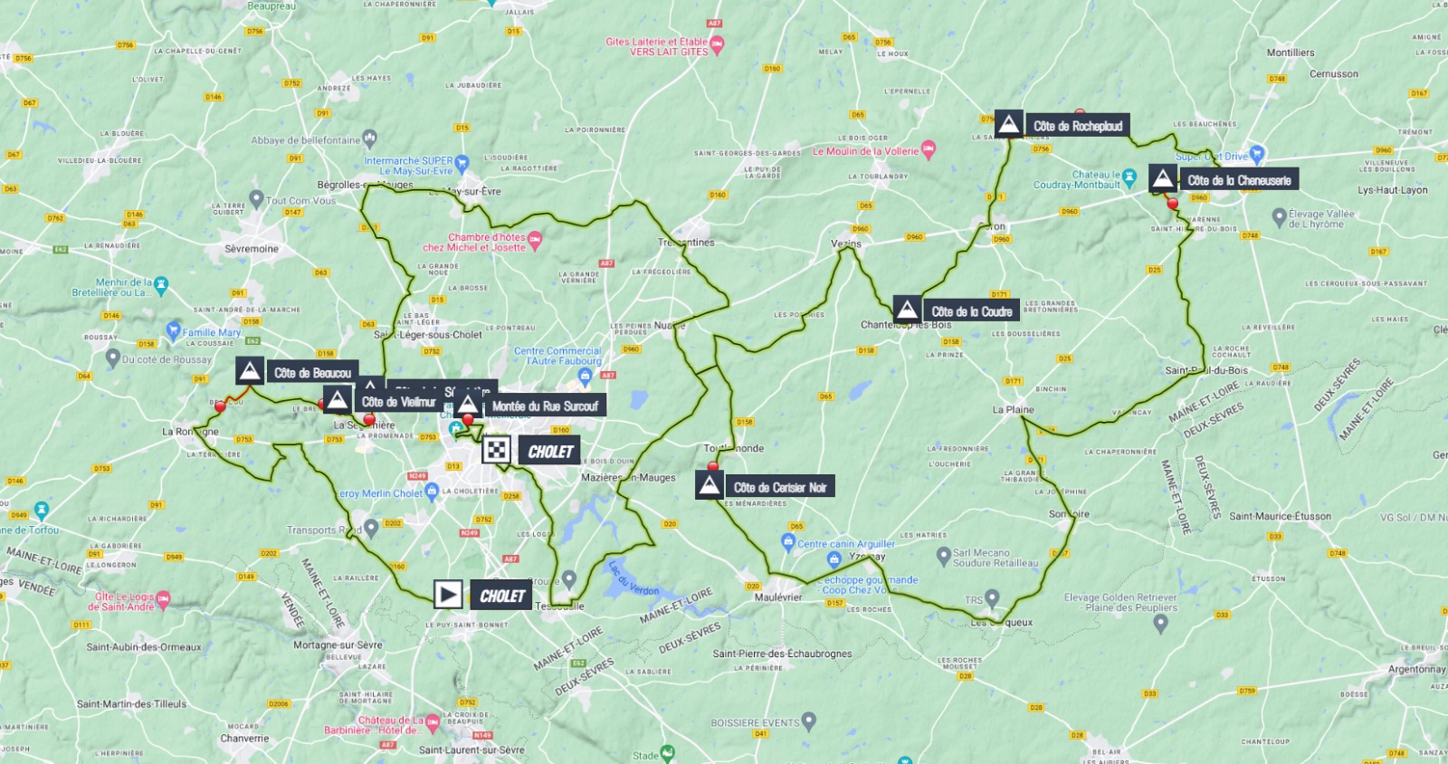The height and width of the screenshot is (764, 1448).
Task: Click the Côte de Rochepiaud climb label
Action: (x=1077, y=126)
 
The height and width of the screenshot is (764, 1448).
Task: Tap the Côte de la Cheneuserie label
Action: (x=1238, y=180)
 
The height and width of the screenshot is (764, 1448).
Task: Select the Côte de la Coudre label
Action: (x=971, y=311)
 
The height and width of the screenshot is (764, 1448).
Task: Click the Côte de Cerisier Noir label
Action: (x=779, y=487)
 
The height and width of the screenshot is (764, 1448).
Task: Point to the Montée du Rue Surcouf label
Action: (x=544, y=406)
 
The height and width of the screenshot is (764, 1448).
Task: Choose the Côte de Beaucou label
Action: (x=312, y=373)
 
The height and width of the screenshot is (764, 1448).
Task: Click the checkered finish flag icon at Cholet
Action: (x=496, y=450)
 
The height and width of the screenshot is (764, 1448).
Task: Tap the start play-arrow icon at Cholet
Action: (x=448, y=595)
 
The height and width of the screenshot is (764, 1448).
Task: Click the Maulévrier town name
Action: (x=778, y=597)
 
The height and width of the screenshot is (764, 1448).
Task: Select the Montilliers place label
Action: (x=1290, y=53)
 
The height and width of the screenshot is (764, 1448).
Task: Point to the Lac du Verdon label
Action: (x=633, y=578)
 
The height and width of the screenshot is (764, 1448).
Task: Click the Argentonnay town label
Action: (x=1416, y=670)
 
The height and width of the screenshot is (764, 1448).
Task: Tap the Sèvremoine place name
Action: (x=252, y=249)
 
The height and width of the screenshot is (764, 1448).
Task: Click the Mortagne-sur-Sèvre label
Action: (x=338, y=645)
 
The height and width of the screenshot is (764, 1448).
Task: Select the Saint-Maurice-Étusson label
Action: (x=1280, y=517)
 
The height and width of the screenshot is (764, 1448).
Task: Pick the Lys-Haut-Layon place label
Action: (x=1392, y=190)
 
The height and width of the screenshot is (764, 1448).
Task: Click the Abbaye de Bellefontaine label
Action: (x=305, y=140)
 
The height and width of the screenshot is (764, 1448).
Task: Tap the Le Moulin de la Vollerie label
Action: (x=865, y=151)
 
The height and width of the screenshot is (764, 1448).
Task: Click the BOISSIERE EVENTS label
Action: (x=755, y=722)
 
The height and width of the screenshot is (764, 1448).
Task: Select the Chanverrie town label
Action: (x=244, y=739)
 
